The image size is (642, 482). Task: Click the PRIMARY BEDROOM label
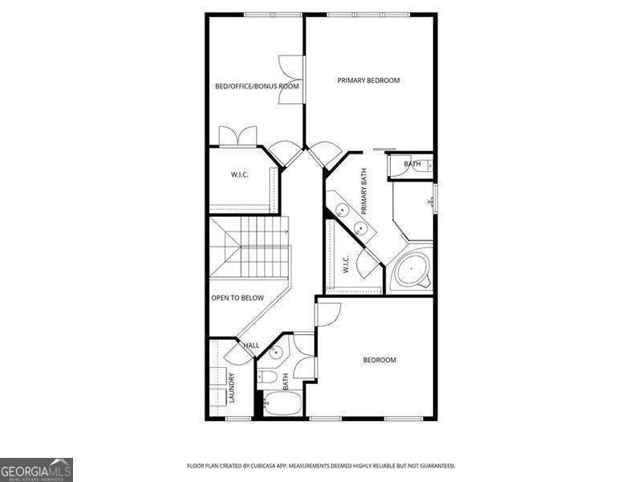click(x=368, y=80)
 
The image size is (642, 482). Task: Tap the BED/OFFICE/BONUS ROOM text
click(x=257, y=86)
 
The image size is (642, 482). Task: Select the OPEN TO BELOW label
click(x=237, y=298)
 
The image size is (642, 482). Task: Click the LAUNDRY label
click(x=231, y=387)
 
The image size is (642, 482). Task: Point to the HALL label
click(x=251, y=345)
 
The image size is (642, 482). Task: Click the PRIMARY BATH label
click(x=364, y=191)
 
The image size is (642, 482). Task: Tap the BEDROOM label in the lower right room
click(x=380, y=360)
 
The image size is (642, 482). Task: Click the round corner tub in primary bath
click(x=411, y=269)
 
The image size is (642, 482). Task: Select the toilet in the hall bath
click(x=267, y=376)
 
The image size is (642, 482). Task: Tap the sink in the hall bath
click(x=276, y=352)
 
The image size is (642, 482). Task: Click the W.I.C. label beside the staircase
click(x=239, y=174)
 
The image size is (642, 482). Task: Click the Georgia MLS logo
click(x=36, y=470)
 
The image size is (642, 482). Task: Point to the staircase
click(x=250, y=247)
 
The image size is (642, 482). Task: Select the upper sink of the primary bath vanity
click(x=342, y=210)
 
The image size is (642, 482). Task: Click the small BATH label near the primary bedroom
click(x=412, y=164)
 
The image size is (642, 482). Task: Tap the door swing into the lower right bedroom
click(x=329, y=314)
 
